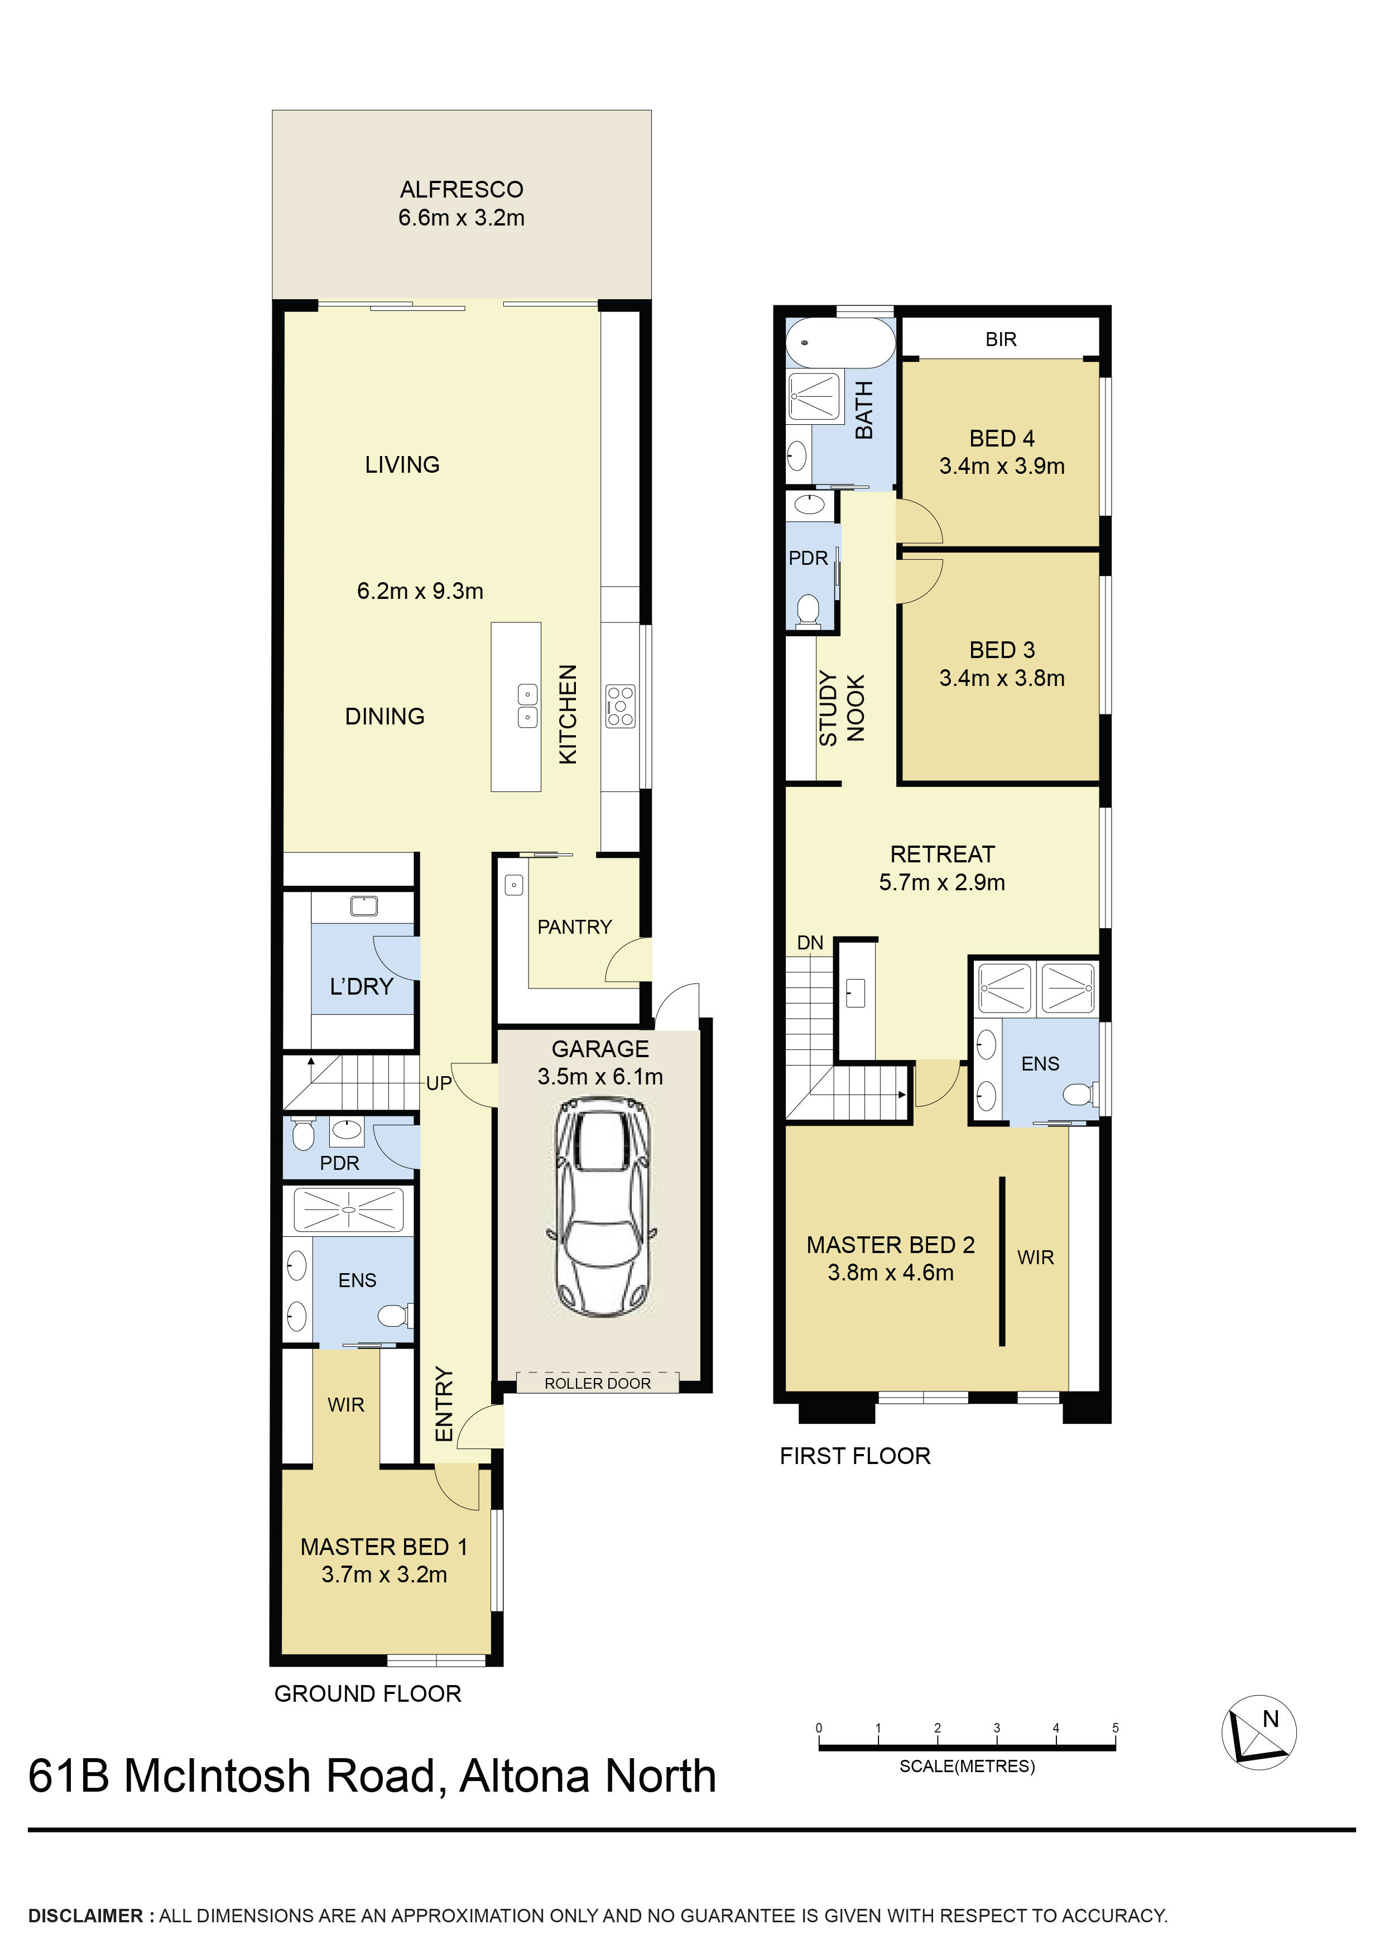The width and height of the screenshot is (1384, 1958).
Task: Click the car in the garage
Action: point(600,1206)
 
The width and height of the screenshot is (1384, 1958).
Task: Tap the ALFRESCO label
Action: point(462,189)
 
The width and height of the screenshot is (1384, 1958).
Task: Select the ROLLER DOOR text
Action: point(597,1383)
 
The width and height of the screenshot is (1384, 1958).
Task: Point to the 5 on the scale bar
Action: point(1114,1727)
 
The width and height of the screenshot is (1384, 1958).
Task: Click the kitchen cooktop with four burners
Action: point(620,706)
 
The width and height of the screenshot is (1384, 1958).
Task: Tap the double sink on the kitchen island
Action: point(528,706)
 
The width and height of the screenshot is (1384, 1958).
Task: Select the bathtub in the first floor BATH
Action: point(839,343)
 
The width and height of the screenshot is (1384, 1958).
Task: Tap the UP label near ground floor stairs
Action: point(438,1083)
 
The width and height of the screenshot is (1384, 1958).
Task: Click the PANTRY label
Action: point(574,927)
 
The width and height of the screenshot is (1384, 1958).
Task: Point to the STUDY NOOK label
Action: point(841,708)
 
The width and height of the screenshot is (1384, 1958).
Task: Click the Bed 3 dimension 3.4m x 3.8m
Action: point(1001,678)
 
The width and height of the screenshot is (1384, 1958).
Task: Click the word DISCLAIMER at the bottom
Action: point(85,1916)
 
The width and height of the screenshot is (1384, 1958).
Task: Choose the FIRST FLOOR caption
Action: point(854,1456)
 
